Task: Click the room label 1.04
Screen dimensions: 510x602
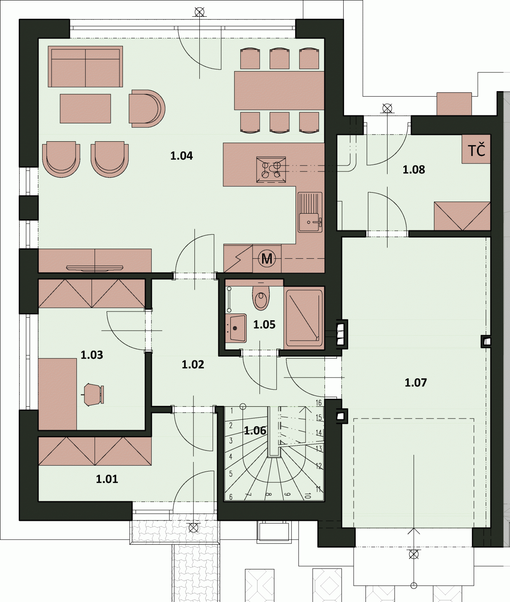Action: [181, 156]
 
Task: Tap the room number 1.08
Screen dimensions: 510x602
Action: [413, 169]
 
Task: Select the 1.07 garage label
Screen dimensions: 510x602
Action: [416, 383]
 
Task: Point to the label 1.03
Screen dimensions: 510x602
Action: [92, 355]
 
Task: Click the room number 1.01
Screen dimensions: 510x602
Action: [107, 479]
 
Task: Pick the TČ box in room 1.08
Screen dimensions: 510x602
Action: [476, 149]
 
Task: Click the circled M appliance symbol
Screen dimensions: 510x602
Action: [267, 258]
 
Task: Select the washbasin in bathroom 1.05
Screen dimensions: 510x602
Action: [236, 328]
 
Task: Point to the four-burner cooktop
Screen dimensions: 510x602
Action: [271, 170]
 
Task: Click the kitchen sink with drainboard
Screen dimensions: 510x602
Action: [310, 212]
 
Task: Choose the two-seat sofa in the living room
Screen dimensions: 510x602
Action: [85, 66]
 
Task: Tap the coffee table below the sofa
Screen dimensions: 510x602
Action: [85, 109]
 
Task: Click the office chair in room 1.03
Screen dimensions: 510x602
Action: [94, 395]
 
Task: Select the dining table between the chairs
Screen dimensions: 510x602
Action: [279, 91]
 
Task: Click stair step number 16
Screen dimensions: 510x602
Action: [319, 403]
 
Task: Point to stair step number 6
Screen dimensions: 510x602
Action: [231, 497]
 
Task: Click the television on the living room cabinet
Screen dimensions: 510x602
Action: [94, 268]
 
